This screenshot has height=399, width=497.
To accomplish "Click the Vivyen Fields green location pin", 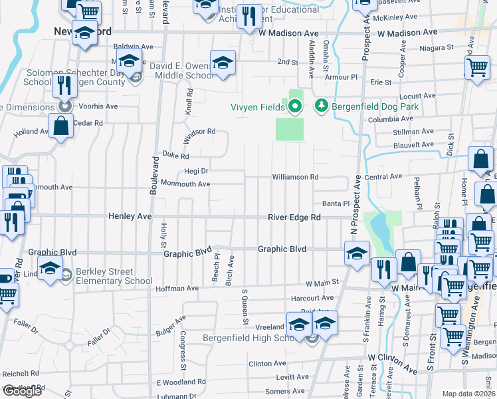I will [x=295, y=106].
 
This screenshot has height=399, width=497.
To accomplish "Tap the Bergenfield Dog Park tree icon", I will [x=322, y=106].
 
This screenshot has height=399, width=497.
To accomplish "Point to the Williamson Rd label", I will [x=295, y=178].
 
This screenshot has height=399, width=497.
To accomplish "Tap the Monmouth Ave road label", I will [x=185, y=184].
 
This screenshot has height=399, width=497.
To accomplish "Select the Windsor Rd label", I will [x=201, y=132].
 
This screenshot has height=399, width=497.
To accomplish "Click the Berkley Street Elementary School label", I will [x=114, y=277].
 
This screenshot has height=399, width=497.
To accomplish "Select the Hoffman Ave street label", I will [x=177, y=289].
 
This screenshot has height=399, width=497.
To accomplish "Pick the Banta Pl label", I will [x=336, y=203].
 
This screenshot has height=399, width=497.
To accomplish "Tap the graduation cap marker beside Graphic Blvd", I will [x=357, y=253].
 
